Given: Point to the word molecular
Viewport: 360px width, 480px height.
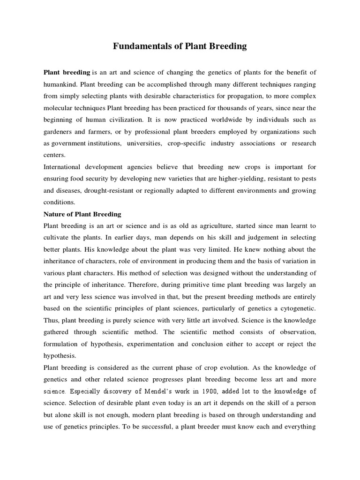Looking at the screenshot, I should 59,108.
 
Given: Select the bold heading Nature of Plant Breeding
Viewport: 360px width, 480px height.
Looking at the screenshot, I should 82,214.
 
